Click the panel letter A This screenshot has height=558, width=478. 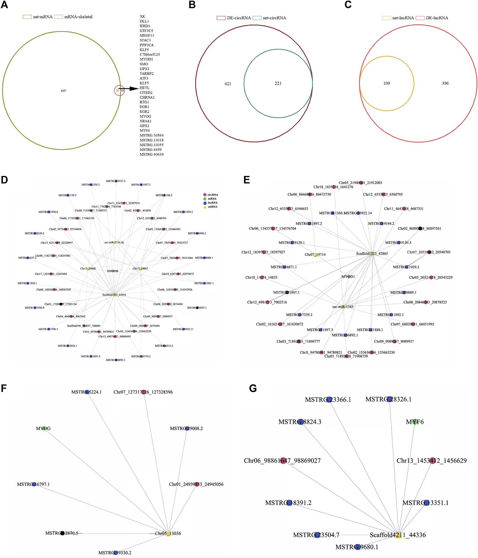(4, 5)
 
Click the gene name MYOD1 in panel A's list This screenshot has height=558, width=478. (146, 59)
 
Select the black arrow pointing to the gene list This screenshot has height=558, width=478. (129, 88)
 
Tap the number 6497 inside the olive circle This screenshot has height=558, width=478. (64, 91)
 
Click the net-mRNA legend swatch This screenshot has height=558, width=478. (27, 17)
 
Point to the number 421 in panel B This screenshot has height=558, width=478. (228, 84)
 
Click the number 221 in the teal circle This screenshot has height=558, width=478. (278, 84)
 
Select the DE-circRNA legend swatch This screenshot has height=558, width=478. (221, 18)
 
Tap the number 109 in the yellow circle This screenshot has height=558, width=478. (387, 84)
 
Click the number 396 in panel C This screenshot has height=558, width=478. (445, 84)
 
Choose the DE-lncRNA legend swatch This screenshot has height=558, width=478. (420, 18)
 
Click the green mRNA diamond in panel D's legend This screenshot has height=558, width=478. (205, 199)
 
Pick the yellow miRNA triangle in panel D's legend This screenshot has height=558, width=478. (205, 207)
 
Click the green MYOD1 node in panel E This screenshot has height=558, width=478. (349, 276)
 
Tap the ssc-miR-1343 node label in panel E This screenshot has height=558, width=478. (343, 307)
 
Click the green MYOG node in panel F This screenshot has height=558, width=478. (44, 429)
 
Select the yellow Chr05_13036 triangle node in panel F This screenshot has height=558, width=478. (168, 533)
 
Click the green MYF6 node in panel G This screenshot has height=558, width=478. (415, 422)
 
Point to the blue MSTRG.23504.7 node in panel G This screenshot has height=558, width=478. (317, 535)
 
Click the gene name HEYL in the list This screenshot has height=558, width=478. (144, 88)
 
